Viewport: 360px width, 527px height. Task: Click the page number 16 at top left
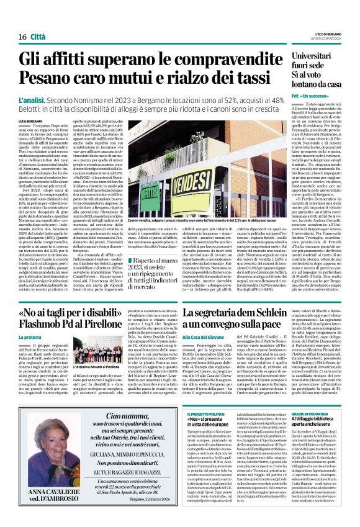coord(14,20)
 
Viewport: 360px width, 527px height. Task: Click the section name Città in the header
coord(38,20)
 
